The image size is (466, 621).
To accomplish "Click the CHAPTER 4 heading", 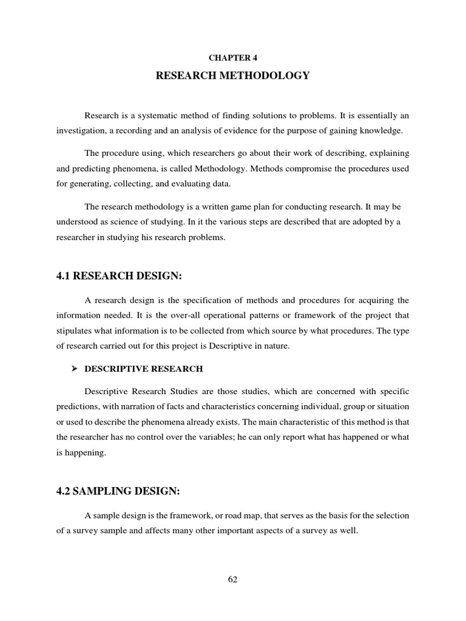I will (232, 58).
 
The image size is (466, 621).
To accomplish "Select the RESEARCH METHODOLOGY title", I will (233, 76).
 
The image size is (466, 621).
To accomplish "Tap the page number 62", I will (233, 579).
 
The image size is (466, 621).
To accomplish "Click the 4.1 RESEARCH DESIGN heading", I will (119, 277).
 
